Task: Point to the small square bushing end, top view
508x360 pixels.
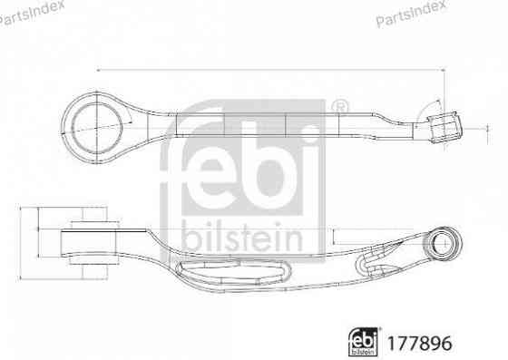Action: [444, 127]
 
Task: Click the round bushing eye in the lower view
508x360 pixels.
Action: [444, 242]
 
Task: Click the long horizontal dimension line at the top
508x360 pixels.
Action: [272, 71]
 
